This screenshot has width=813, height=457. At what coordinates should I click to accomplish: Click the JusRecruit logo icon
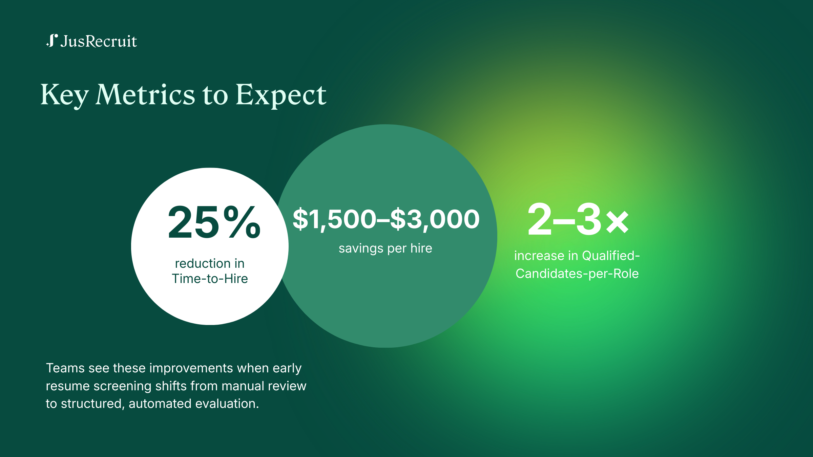click(x=52, y=41)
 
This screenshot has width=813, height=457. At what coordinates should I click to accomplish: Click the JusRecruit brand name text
click(x=99, y=41)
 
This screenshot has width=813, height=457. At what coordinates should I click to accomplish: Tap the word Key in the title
click(x=65, y=96)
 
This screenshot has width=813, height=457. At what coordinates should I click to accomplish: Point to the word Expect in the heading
click(x=281, y=96)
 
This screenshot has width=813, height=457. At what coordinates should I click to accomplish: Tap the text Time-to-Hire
click(x=210, y=279)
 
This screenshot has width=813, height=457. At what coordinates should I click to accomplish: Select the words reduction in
click(x=210, y=263)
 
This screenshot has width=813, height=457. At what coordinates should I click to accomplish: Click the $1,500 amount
click(x=334, y=219)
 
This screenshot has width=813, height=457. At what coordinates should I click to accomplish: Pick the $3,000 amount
click(x=435, y=219)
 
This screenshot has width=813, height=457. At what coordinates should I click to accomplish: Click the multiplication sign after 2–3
click(x=618, y=222)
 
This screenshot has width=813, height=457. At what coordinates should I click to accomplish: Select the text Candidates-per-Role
click(x=577, y=274)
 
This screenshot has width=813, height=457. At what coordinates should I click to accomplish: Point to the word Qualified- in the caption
click(x=611, y=256)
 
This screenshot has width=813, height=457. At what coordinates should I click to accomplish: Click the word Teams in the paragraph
click(x=65, y=368)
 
